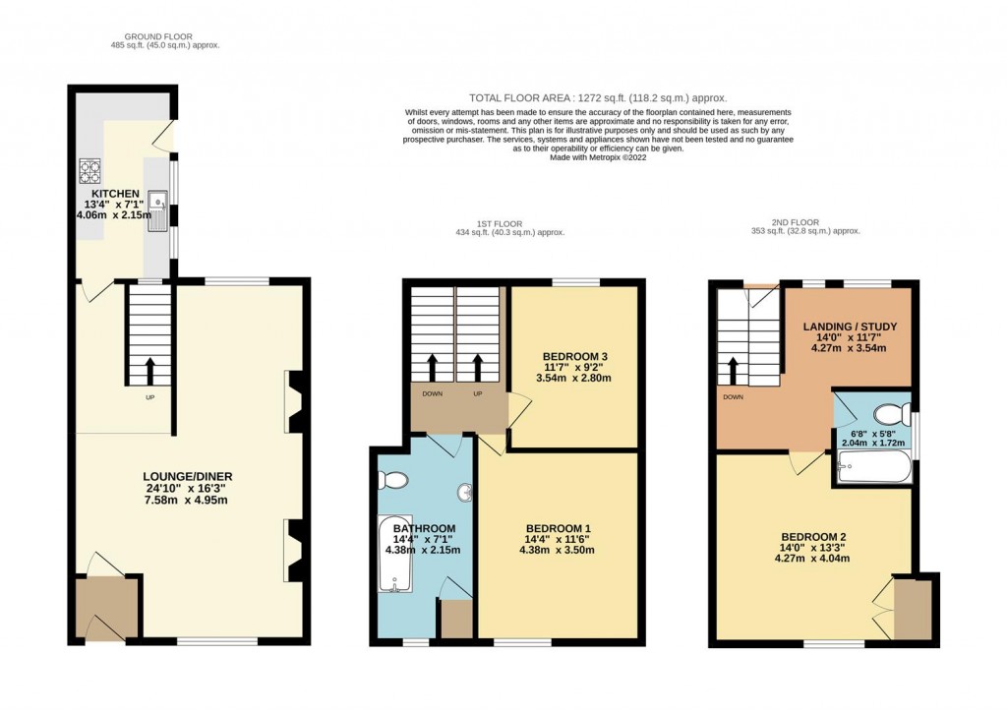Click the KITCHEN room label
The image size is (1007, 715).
coord(116,194)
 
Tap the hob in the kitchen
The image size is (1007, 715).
coord(91,171)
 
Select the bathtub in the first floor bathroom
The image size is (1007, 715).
coord(394,555)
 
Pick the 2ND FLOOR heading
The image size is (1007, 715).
coord(805,223)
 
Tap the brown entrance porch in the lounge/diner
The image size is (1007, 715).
coord(106,610)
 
